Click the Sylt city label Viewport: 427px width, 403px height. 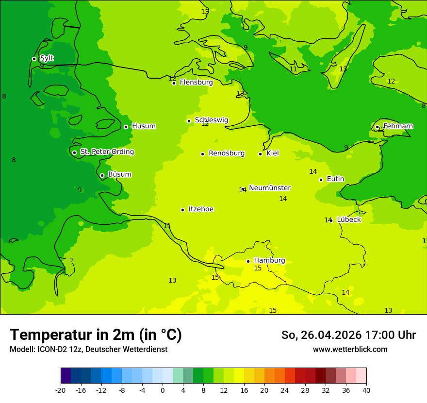tap(47, 58)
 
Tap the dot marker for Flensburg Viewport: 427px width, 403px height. tap(174, 83)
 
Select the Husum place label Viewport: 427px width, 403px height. tap(144, 126)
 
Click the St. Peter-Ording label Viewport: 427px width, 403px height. tap(107, 152)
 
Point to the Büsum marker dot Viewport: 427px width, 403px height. tap(102, 175)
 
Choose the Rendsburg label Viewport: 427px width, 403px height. tap(226, 153)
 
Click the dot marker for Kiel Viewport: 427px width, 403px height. tap(260, 154)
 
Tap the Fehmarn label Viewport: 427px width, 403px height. tap(398, 126)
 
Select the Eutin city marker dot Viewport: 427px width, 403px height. tap(321, 180)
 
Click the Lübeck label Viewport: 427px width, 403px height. tap(348, 220)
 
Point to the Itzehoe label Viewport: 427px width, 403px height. tap(201, 209)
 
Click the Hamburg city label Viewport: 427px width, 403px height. tap(269, 261)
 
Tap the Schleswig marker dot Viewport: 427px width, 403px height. tap(189, 121)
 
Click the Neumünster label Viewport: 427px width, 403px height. tap(269, 188)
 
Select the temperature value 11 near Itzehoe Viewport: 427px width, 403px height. tap(167, 226)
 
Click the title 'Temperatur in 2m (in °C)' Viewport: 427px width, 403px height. tap(96, 335)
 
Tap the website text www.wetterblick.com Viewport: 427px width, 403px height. tap(350, 349)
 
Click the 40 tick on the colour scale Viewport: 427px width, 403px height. tap(366, 390)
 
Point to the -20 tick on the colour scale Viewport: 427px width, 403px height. tap(61, 390)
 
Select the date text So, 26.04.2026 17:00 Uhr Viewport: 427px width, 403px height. tap(348, 335)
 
